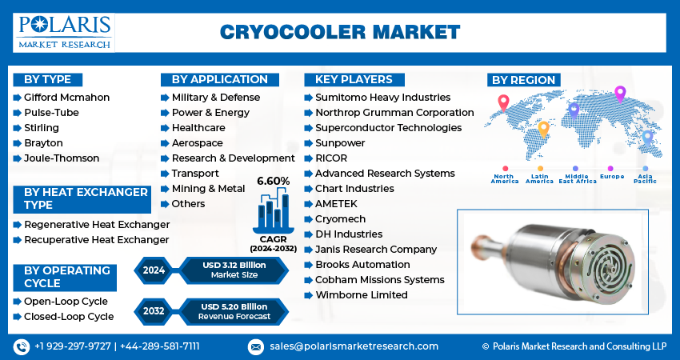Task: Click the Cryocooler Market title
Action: pos(339,32)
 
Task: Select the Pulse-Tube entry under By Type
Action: pos(51,113)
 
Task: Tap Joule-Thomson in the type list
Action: pos(62,158)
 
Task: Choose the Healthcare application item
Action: pos(198,128)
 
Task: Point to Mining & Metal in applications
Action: pos(208,189)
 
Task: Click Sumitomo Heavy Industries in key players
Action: pos(382,98)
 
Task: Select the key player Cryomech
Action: pos(341,219)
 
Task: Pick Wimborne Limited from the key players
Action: pos(361,295)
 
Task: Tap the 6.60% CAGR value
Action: pos(273,182)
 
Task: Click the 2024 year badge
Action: pos(154,270)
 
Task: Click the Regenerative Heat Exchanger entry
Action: pos(97,225)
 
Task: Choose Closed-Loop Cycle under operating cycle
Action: pos(69,317)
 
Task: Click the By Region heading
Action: pos(523,80)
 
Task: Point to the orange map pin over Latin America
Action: pos(543,128)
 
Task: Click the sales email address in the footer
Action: pos(353,346)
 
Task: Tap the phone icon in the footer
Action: pos(21,346)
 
